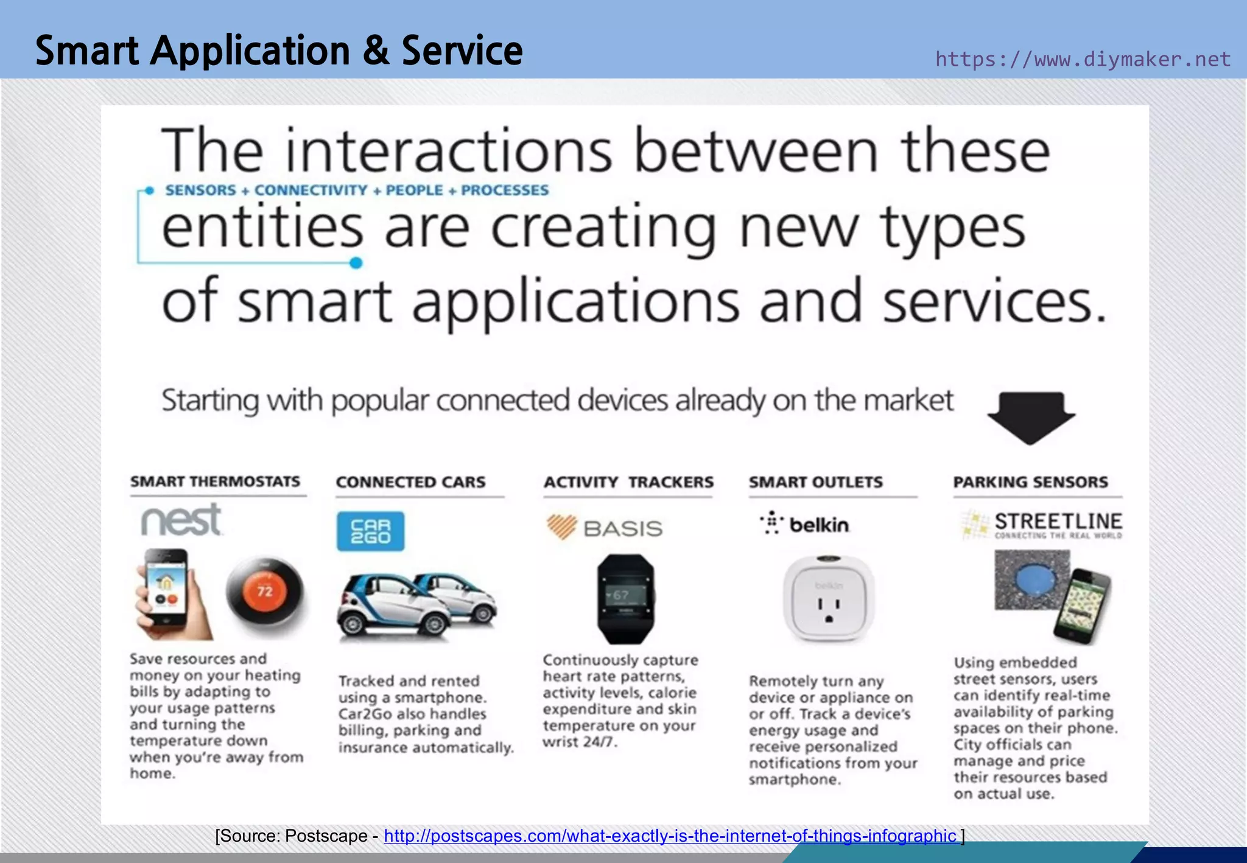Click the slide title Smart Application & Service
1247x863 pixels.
(279, 51)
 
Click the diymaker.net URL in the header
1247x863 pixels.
(1083, 59)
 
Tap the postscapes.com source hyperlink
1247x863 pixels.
(670, 836)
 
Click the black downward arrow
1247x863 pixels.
(1031, 418)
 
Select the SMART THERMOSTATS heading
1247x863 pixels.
(215, 481)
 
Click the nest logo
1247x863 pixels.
(181, 520)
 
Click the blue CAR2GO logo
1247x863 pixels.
(370, 531)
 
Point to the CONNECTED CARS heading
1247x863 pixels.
(411, 482)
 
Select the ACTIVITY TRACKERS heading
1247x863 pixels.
(628, 482)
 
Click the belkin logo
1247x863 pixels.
(805, 524)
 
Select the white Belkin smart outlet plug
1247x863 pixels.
(829, 599)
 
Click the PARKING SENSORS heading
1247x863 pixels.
(1030, 482)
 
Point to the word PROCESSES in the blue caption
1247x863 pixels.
(505, 190)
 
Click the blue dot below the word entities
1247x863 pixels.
(356, 263)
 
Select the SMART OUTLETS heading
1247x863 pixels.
(815, 482)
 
